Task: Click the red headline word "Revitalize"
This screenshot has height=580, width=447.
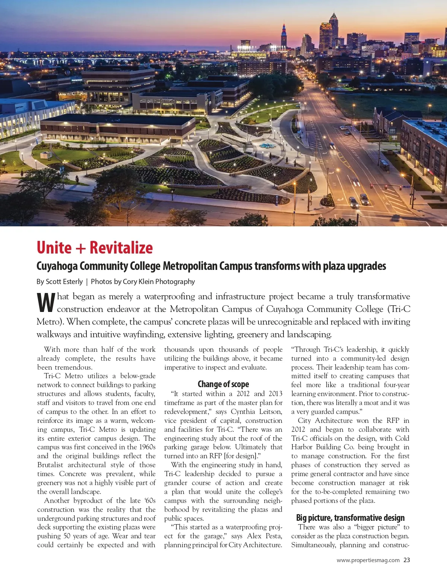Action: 121,248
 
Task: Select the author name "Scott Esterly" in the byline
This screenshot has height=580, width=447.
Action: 64,282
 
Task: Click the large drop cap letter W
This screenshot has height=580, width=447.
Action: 46,303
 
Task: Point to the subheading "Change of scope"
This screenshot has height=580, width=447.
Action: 223,384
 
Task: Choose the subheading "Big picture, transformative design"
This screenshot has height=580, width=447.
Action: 350,518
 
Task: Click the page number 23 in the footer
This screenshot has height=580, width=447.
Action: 406,560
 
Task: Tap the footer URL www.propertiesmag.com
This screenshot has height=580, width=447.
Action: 368,560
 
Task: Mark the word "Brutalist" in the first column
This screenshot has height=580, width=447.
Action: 51,465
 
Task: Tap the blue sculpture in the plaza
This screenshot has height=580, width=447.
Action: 268,146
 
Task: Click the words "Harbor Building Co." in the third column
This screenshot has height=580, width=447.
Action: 323,447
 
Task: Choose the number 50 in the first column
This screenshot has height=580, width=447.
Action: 67,536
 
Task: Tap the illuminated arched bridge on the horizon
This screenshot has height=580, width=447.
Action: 71,61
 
